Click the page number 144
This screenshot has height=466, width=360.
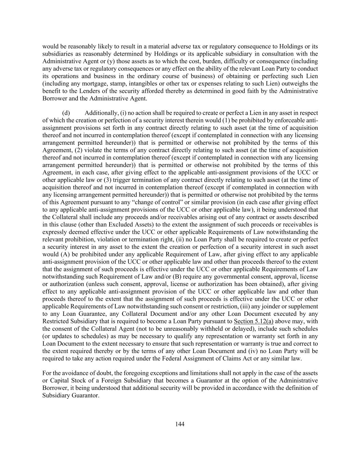180,424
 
